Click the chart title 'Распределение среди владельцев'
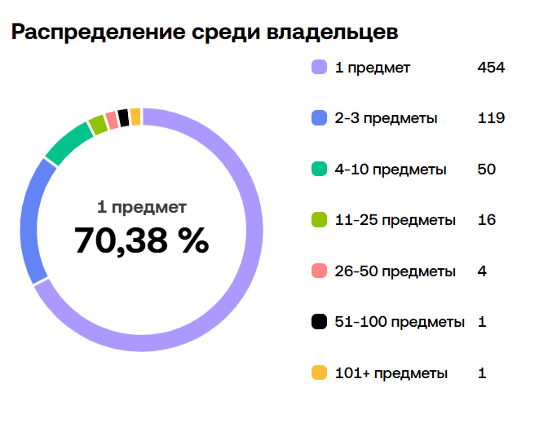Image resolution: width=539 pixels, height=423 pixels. (x=205, y=33)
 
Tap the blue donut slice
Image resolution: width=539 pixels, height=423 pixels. (x=32, y=220)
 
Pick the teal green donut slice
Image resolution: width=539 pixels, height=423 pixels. (x=68, y=142)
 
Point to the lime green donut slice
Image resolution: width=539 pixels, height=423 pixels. (x=98, y=124)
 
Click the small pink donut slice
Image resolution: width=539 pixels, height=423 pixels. (x=112, y=120)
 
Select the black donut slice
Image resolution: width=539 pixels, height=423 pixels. (x=123, y=117)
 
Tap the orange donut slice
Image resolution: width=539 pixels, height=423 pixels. (x=135, y=117)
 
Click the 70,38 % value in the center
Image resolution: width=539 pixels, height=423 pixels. (x=141, y=240)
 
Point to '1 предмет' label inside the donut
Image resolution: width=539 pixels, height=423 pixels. (x=142, y=207)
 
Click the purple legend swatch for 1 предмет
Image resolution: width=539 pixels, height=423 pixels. (x=319, y=68)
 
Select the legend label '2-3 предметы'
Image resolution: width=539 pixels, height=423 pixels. (x=386, y=119)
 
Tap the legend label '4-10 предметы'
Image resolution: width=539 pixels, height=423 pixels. (x=391, y=170)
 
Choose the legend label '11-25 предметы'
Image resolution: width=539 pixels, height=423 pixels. (x=395, y=220)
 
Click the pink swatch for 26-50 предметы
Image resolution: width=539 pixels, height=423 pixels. (x=319, y=271)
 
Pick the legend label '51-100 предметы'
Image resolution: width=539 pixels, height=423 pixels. (x=400, y=322)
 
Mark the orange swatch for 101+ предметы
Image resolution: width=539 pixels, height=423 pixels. (x=319, y=373)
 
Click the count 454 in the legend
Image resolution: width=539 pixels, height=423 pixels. (x=491, y=68)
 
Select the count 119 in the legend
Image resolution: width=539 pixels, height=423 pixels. (x=491, y=119)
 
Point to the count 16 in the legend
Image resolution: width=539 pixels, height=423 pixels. (x=487, y=220)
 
